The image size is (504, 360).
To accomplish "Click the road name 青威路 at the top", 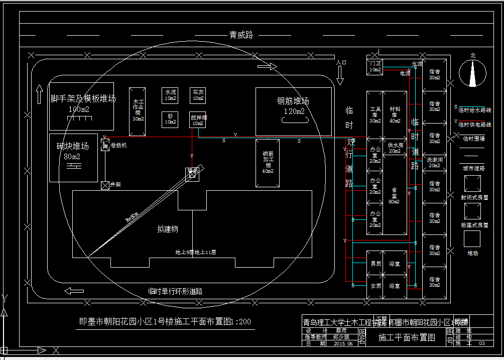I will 241,35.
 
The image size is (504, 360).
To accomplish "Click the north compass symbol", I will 472,73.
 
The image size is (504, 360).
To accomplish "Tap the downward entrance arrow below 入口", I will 340,75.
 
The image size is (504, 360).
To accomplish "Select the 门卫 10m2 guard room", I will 375,66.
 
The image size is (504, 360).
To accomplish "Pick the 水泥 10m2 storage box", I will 171,95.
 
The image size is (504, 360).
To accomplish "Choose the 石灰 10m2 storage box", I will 198,95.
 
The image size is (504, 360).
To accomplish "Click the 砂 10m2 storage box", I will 171,119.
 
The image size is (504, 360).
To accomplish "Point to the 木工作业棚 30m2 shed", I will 138,110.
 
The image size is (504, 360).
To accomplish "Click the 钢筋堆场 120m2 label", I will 293,105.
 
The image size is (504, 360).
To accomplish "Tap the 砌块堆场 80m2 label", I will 73,151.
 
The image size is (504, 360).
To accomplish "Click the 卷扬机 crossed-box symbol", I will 105,146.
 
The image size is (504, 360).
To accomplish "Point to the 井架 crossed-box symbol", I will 105,185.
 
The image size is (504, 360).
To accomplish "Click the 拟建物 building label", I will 167,229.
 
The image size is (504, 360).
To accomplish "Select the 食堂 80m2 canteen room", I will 394,196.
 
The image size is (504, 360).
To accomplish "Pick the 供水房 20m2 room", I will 394,148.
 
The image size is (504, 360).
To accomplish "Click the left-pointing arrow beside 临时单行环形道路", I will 74,291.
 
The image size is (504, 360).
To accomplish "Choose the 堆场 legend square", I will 472,238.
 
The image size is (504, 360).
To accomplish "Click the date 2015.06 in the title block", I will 343,343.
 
